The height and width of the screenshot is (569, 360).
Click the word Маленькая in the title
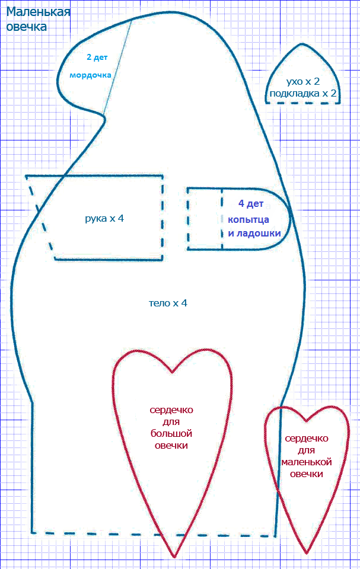(x=38, y=12)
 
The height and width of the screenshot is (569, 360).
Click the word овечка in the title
(x=27, y=27)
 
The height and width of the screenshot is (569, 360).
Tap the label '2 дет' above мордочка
(x=97, y=57)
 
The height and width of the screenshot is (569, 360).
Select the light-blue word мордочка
(x=91, y=75)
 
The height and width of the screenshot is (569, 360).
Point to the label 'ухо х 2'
(x=303, y=81)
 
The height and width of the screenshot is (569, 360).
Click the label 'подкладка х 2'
(x=303, y=94)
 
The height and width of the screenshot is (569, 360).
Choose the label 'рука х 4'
(x=104, y=219)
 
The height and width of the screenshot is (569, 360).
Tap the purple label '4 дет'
(x=251, y=204)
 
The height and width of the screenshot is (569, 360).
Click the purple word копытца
(x=249, y=220)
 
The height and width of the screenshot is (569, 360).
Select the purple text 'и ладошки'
(x=254, y=234)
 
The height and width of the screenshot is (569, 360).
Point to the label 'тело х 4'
(x=168, y=303)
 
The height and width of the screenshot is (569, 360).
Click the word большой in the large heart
(x=171, y=434)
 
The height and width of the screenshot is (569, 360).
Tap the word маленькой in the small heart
(x=307, y=462)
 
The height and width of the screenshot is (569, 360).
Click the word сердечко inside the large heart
(x=171, y=410)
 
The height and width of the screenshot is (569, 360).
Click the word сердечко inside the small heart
(x=307, y=439)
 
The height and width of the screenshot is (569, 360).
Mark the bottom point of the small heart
(x=307, y=553)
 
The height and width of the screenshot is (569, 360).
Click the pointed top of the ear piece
(x=302, y=44)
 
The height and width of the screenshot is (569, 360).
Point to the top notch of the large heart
(x=172, y=372)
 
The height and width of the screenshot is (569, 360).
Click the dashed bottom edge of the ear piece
(x=302, y=103)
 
